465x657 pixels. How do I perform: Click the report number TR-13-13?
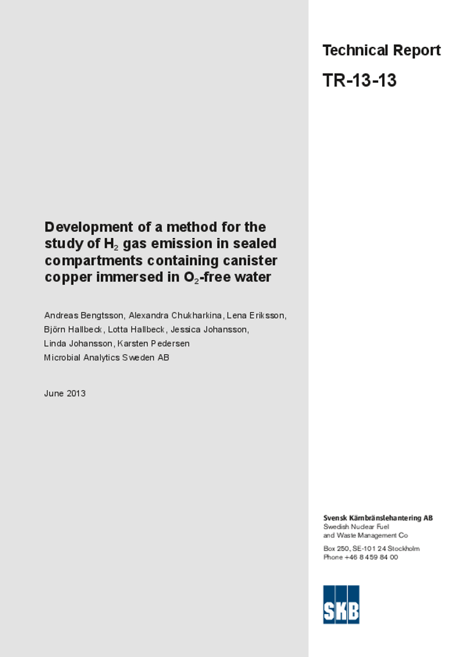(359, 81)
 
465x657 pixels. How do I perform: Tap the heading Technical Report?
(381, 51)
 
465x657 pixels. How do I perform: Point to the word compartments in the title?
(94, 261)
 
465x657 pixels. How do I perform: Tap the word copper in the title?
(66, 278)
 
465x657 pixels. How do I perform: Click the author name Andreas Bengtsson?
(83, 316)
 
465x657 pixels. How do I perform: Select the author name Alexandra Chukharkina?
(175, 316)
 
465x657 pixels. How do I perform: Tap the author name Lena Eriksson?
(256, 316)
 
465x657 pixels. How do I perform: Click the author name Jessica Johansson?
(209, 330)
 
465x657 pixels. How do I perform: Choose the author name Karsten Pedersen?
(154, 344)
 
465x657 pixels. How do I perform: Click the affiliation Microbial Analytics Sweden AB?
(107, 358)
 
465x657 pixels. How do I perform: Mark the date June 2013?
(65, 393)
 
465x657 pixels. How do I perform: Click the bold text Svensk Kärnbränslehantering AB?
(378, 518)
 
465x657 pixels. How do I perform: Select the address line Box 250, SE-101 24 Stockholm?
(371, 549)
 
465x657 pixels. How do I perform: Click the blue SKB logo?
(341, 604)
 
